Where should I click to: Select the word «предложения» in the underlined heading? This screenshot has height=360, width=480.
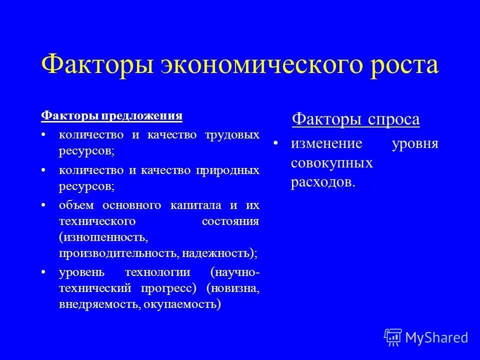tap(142, 116)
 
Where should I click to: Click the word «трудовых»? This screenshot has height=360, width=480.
tap(232, 135)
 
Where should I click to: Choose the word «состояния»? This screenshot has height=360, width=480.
tap(230, 221)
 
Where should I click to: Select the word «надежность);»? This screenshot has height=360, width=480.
tap(219, 252)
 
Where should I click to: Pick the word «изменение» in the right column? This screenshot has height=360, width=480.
tap(326, 144)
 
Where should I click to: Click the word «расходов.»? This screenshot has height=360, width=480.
tap(322, 183)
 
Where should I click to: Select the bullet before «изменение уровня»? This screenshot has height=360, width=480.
tap(275, 144)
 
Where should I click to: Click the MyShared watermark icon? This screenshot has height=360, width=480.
tap(393, 337)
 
